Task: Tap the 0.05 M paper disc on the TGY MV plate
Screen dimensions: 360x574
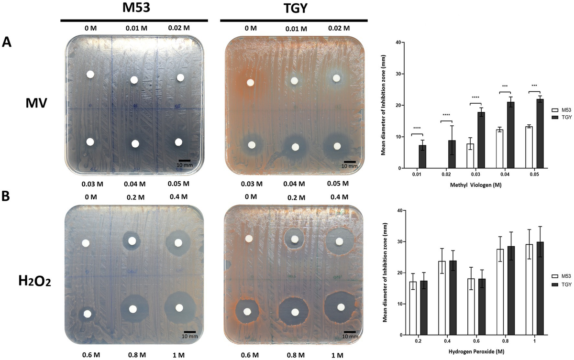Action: coord(338,145)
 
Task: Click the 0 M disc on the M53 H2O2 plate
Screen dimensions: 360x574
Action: coord(86,243)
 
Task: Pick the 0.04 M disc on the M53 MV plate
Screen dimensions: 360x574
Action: coord(135,143)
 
